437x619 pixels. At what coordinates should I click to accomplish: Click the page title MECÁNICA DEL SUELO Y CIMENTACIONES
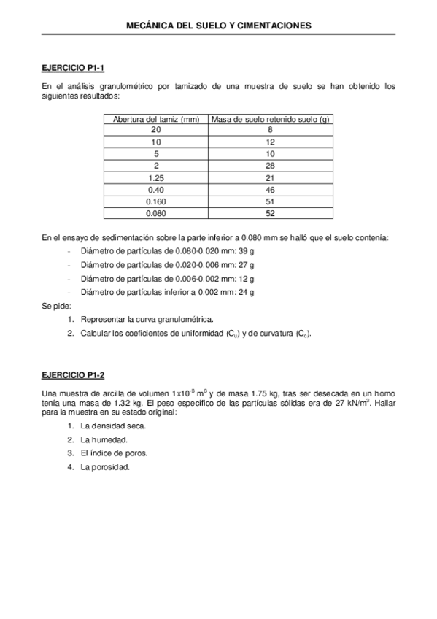click(218, 25)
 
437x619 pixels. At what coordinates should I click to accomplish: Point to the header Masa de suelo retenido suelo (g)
click(270, 119)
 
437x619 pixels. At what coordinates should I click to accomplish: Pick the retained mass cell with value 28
click(270, 166)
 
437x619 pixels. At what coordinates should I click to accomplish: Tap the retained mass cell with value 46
click(270, 190)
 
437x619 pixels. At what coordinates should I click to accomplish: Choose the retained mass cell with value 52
click(270, 213)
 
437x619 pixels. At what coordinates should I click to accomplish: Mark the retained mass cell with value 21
click(270, 178)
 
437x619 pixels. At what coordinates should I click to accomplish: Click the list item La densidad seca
click(114, 426)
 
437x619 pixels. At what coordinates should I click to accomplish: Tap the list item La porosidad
click(106, 466)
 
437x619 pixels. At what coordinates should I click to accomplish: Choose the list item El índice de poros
click(114, 453)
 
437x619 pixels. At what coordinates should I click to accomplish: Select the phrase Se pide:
click(56, 306)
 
